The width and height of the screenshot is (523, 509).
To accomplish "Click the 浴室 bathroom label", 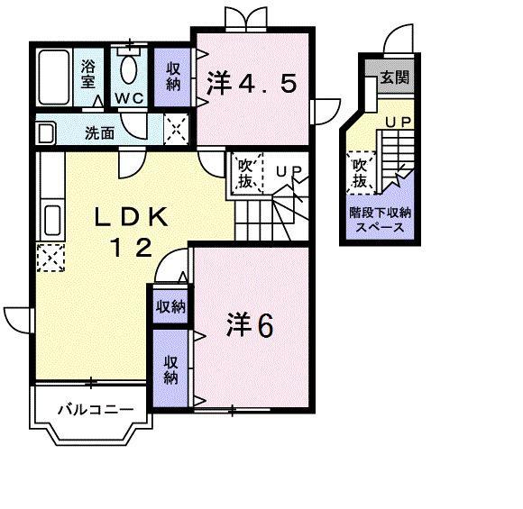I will click(89, 72).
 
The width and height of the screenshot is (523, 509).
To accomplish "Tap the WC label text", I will click(129, 99).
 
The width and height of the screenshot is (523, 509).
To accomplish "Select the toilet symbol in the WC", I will click(129, 68).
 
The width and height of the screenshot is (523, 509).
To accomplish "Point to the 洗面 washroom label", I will click(99, 133).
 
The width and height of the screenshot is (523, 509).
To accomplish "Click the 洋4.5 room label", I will click(252, 85).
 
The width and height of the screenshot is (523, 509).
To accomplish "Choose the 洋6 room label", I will click(249, 324).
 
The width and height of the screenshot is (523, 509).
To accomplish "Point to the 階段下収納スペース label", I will click(381, 221).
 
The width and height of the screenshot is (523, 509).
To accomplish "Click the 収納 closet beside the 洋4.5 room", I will click(172, 75).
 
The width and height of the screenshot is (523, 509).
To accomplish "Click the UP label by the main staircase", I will click(287, 169).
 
